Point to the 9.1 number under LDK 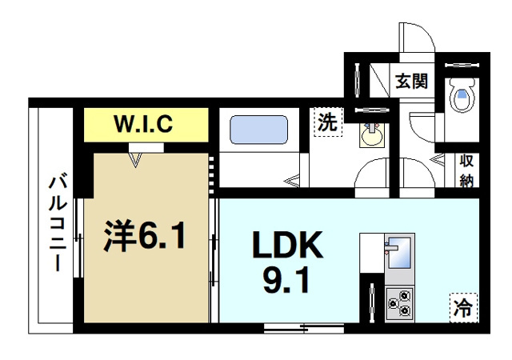click(x=288, y=282)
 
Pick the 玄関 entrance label click(x=410, y=80)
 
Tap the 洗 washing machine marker click(x=328, y=123)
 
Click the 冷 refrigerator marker click(x=463, y=305)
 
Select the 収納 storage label click(x=466, y=170)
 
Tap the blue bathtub click(x=258, y=130)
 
